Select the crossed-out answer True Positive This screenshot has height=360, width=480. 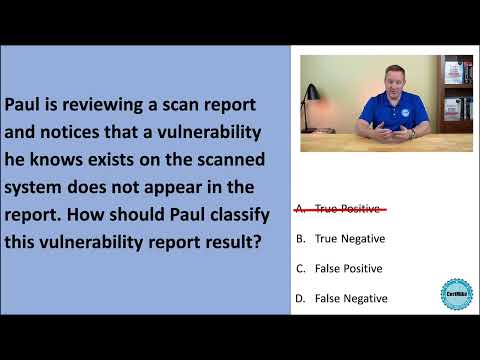[x=349, y=209]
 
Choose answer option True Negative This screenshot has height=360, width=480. [x=349, y=239]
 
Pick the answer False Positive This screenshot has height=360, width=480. [x=347, y=268]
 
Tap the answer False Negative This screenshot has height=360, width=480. [x=349, y=298]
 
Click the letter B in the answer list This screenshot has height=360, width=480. [x=301, y=239]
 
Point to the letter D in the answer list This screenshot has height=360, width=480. [x=301, y=298]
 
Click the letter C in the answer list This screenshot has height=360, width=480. [x=301, y=268]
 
